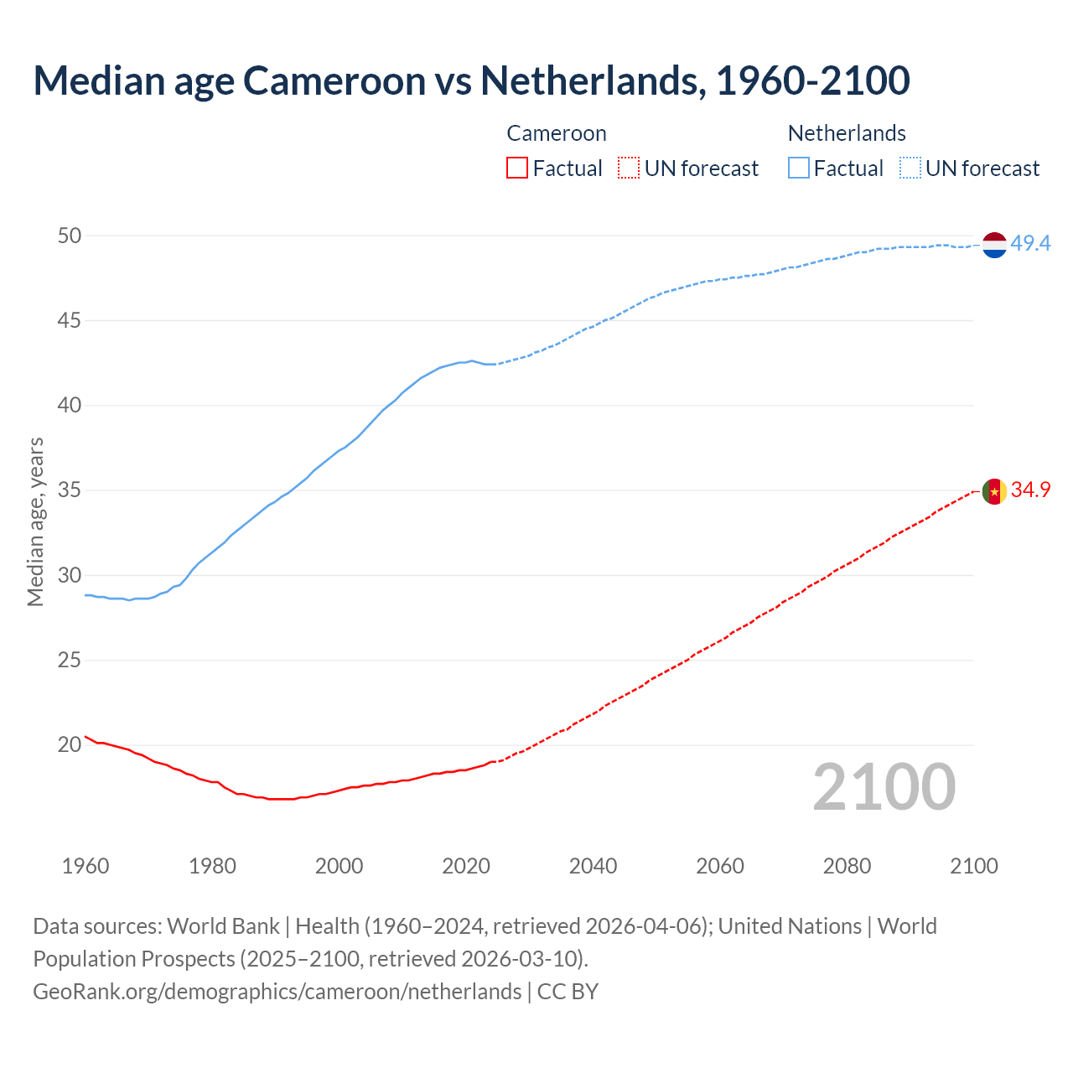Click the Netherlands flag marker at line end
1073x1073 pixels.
pos(993,245)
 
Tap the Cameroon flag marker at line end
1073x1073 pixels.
pos(993,491)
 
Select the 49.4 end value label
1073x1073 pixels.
pos(1030,244)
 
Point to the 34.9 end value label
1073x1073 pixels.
pos(1030,490)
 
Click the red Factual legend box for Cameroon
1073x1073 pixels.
pos(517,168)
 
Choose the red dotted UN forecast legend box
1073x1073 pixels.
pos(629,168)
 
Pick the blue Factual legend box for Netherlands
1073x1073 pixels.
pos(799,168)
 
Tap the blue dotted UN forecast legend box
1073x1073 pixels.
pos(910,168)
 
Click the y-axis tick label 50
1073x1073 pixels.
pos(70,236)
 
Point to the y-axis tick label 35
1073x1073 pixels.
pos(70,490)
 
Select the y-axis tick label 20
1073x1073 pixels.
pos(70,744)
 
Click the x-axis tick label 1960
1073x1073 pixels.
pos(86,866)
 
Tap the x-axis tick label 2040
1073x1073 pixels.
pos(593,866)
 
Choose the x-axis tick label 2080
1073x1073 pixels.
pos(847,866)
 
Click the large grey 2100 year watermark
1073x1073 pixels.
pos(884,786)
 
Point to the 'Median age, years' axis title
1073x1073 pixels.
pos(35,521)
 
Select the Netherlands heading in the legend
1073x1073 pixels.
pos(847,133)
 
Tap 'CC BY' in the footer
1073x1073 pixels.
pos(568,992)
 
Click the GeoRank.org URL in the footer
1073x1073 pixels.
pos(277,992)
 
